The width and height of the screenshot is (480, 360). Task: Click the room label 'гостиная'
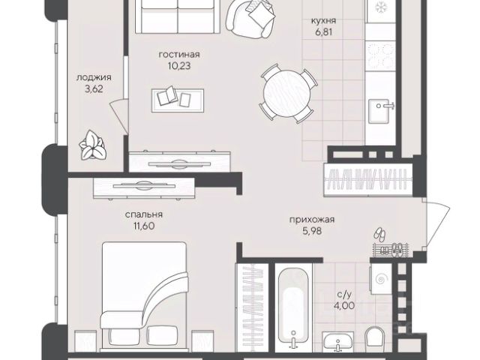point(179,55)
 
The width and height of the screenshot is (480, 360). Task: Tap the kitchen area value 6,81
point(323,31)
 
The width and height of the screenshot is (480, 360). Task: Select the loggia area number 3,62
point(94,89)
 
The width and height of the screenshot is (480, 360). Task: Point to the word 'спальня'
point(143,214)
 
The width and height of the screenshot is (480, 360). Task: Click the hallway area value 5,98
point(312,231)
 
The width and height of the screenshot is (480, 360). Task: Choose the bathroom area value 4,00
point(345,305)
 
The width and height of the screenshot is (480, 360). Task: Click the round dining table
point(286,93)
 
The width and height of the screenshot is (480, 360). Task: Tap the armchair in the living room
point(250,18)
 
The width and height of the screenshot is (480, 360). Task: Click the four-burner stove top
point(380,55)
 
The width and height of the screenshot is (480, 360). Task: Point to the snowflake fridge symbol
point(380,7)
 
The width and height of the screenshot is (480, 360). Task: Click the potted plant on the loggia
point(91,145)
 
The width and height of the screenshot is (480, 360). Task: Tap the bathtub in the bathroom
point(293,307)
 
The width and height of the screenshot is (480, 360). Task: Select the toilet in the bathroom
point(375,339)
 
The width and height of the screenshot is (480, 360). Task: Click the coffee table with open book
point(178,100)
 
